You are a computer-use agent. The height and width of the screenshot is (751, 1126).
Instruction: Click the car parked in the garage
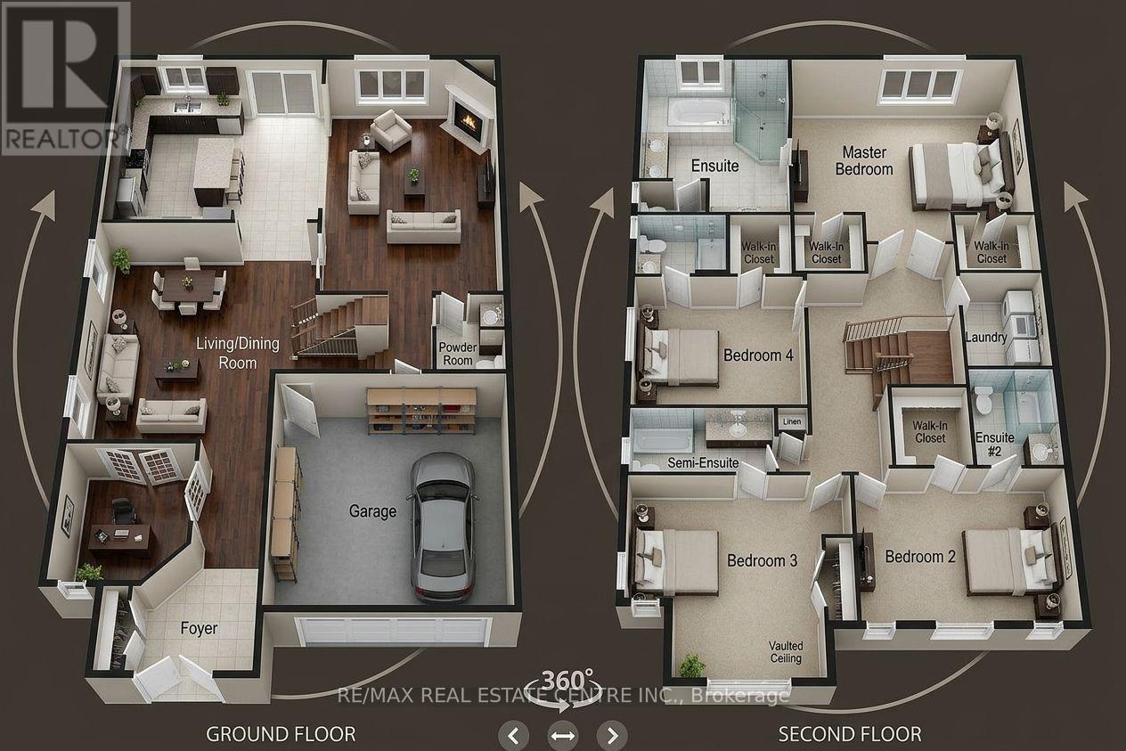pyautogui.click(x=442, y=527)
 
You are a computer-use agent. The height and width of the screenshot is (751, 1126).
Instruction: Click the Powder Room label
pyautogui.click(x=458, y=354)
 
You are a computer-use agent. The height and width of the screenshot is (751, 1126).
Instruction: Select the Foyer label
pyautogui.click(x=199, y=628)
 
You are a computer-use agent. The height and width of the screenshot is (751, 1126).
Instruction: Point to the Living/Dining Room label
pyautogui.click(x=238, y=353)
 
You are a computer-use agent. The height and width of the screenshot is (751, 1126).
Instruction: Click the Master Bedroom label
pyautogui.click(x=864, y=160)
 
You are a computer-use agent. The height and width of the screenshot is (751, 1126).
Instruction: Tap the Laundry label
pyautogui.click(x=986, y=338)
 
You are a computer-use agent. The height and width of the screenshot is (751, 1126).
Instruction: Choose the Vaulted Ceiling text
pyautogui.click(x=786, y=652)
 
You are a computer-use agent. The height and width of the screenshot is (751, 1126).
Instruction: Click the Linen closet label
pyautogui.click(x=792, y=421)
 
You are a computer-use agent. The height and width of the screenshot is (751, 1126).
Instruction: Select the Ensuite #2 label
pyautogui.click(x=995, y=445)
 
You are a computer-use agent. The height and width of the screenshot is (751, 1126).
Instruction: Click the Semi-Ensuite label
pyautogui.click(x=703, y=462)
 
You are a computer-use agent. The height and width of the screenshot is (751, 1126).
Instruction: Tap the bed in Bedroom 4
pyautogui.click(x=679, y=357)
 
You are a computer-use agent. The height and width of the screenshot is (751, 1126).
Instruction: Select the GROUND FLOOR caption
pyautogui.click(x=281, y=734)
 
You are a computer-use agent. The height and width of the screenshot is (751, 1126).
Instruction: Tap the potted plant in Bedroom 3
pyautogui.click(x=692, y=665)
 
